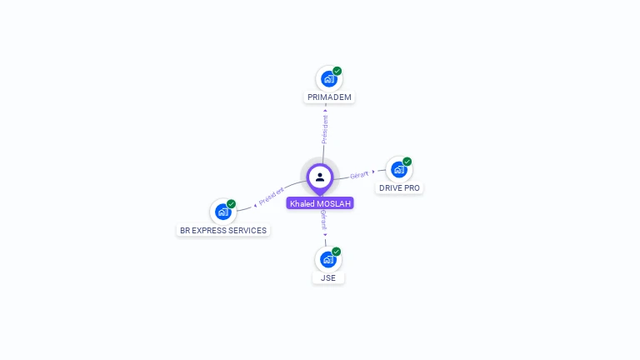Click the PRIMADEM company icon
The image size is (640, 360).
[x=328, y=79]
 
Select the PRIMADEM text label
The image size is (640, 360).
[x=329, y=97]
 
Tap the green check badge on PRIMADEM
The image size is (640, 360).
[x=337, y=71]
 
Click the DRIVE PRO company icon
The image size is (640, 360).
[x=399, y=170]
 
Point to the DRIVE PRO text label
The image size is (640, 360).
[x=399, y=188]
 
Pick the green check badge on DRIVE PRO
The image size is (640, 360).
[x=407, y=162]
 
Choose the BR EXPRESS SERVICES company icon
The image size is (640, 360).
[x=222, y=212]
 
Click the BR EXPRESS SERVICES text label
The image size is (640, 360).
[x=223, y=231]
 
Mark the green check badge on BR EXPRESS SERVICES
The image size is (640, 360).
[x=232, y=204]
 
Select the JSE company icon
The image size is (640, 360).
[x=327, y=259]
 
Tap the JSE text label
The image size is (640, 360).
[x=328, y=278]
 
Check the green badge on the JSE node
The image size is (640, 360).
[x=337, y=251]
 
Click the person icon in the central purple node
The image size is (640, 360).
[x=320, y=177]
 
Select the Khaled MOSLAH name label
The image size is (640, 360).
[x=320, y=203]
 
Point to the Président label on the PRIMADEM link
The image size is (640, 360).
[x=325, y=129]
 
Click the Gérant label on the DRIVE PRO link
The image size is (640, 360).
[x=359, y=175]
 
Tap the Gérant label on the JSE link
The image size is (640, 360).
[x=324, y=219]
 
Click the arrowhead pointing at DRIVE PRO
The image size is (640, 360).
[x=373, y=172]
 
